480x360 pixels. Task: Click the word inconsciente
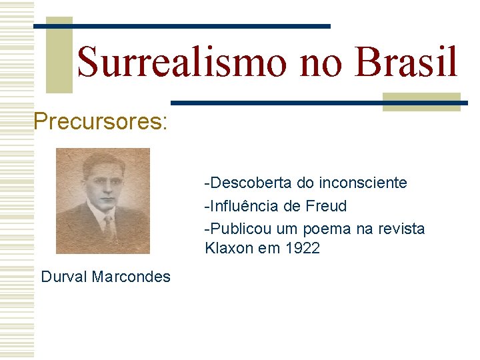(363, 183)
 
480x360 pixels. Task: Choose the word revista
(401, 229)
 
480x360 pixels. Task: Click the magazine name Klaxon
(229, 249)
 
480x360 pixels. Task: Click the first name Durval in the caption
(63, 276)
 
